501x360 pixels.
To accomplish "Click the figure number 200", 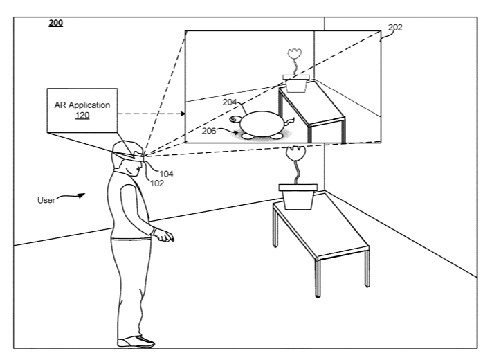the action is pyautogui.click(x=56, y=23).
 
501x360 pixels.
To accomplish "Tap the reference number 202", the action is pyautogui.click(x=395, y=28).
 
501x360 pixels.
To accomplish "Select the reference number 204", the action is pyautogui.click(x=230, y=102).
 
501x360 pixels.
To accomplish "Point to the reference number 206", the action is pyautogui.click(x=209, y=131).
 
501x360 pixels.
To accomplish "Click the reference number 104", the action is pyautogui.click(x=167, y=174).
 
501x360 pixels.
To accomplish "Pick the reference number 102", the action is pyautogui.click(x=157, y=183).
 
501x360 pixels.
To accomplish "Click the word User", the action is pyautogui.click(x=46, y=201).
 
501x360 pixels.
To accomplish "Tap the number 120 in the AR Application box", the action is pyautogui.click(x=82, y=116).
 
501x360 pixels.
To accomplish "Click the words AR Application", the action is pyautogui.click(x=82, y=105).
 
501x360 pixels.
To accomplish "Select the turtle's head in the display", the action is pyautogui.click(x=235, y=120).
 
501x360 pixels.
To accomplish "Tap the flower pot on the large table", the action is pyautogui.click(x=298, y=197).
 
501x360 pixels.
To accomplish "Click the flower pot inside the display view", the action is pyautogui.click(x=296, y=84).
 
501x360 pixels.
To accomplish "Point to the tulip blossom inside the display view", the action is pyautogui.click(x=295, y=53).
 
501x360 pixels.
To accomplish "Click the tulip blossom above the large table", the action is pyautogui.click(x=295, y=154).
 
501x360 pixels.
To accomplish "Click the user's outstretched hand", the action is pyautogui.click(x=163, y=235).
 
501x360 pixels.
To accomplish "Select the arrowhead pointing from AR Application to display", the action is pyautogui.click(x=183, y=114).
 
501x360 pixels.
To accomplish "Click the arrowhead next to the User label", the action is pyautogui.click(x=81, y=195).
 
